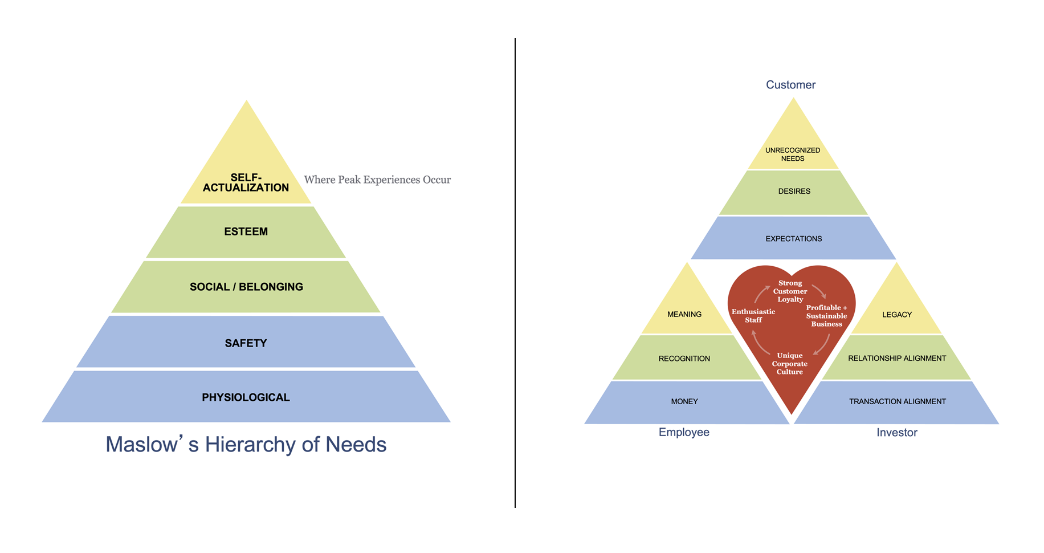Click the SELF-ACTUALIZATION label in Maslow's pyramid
[x=246, y=182]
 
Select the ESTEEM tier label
[x=246, y=231]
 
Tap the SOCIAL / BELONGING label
[x=246, y=287]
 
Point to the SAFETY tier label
[x=246, y=343]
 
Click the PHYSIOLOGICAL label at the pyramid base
[x=246, y=397]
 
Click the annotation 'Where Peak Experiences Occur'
[x=377, y=180]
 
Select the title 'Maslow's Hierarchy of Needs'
[x=246, y=445]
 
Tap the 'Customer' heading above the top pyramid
[x=790, y=85]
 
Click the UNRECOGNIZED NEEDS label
[x=793, y=154]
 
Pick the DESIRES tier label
[x=794, y=192]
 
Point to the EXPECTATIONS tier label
[x=793, y=239]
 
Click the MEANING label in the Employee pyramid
[x=684, y=314]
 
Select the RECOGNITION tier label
[x=684, y=359]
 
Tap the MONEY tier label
[x=684, y=401]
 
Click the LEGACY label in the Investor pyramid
[x=897, y=315]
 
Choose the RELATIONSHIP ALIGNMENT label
[x=897, y=359]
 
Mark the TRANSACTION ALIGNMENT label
[x=898, y=401]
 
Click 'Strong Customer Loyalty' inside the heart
[x=790, y=291]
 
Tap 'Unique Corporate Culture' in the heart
[x=790, y=364]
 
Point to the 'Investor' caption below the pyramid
[x=897, y=433]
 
